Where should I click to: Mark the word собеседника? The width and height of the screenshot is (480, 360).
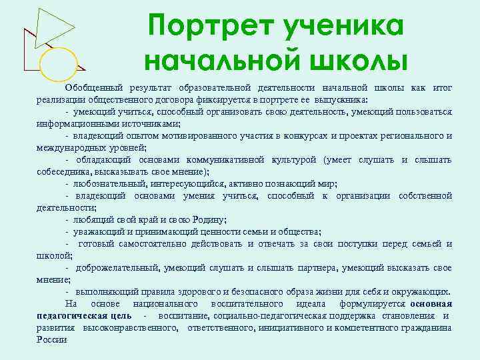(x=61, y=171)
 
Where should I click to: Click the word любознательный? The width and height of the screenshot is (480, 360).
(x=107, y=183)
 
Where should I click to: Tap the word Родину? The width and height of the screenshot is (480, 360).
(x=208, y=219)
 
